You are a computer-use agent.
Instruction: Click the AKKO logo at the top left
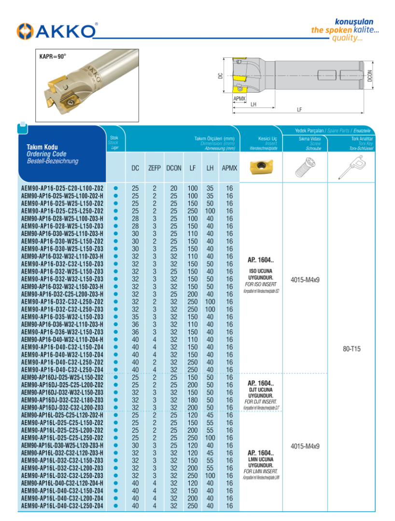(57, 31)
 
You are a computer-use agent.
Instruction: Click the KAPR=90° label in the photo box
(52, 56)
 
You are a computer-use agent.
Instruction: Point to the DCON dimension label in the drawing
(369, 77)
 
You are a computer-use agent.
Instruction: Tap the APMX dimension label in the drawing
(240, 98)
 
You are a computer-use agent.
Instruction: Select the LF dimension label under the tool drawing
(299, 110)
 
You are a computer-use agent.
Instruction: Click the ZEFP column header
(155, 168)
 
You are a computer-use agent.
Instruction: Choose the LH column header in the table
(210, 168)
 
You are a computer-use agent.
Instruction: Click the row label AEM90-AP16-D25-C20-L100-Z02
(62, 188)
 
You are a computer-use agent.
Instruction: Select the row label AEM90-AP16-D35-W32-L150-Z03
(62, 316)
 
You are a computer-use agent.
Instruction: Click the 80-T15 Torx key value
(352, 349)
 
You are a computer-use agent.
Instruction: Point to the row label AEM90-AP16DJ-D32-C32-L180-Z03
(62, 399)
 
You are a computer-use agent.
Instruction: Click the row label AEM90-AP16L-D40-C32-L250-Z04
(62, 505)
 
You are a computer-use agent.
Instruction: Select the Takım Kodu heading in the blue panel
(42, 147)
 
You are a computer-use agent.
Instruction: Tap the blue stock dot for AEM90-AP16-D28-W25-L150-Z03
(115, 226)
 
